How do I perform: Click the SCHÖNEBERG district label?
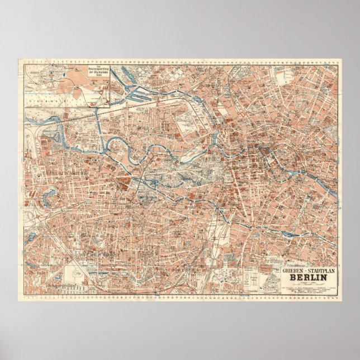click(x=182, y=269)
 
